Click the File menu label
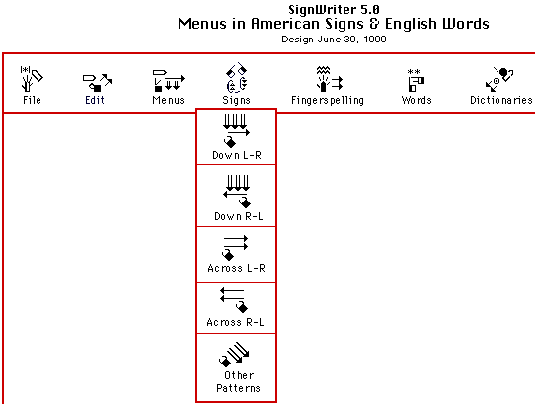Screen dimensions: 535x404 [32, 100]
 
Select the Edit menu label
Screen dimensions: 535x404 [95, 100]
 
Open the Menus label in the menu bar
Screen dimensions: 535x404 [168, 100]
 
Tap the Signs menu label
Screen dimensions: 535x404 [236, 100]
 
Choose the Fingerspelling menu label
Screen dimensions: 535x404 [328, 100]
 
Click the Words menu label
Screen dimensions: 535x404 [417, 100]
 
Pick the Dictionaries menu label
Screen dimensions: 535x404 [501, 100]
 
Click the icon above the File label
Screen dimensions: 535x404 [32, 79]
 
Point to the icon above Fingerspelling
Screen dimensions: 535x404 [329, 79]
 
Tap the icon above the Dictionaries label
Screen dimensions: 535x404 [499, 80]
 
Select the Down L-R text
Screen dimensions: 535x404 [237, 155]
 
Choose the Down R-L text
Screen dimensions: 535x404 [239, 216]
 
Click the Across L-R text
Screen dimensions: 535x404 [236, 268]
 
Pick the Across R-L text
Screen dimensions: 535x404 [235, 322]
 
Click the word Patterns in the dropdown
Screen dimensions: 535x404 [238, 388]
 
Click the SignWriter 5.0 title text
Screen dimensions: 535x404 [334, 9]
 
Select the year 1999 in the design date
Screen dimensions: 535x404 [375, 40]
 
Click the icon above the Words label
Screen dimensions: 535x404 [416, 80]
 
